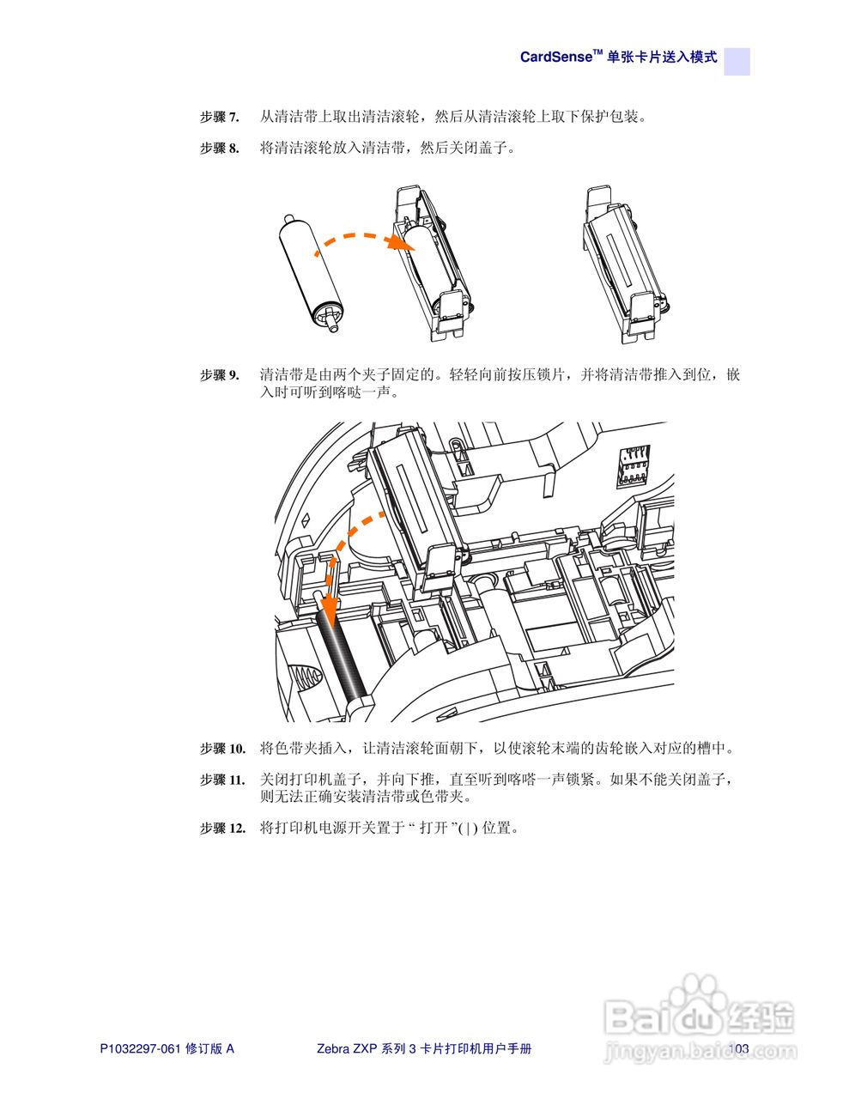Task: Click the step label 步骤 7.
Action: point(219,117)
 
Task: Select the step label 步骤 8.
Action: point(219,149)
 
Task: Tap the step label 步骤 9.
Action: point(219,375)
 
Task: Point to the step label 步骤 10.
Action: point(222,749)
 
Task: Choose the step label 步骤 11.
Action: point(222,780)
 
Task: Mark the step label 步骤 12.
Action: point(222,829)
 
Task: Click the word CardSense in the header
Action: point(556,58)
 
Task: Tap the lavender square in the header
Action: point(737,61)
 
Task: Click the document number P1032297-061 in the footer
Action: point(141,1048)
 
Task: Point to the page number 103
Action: point(739,1047)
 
